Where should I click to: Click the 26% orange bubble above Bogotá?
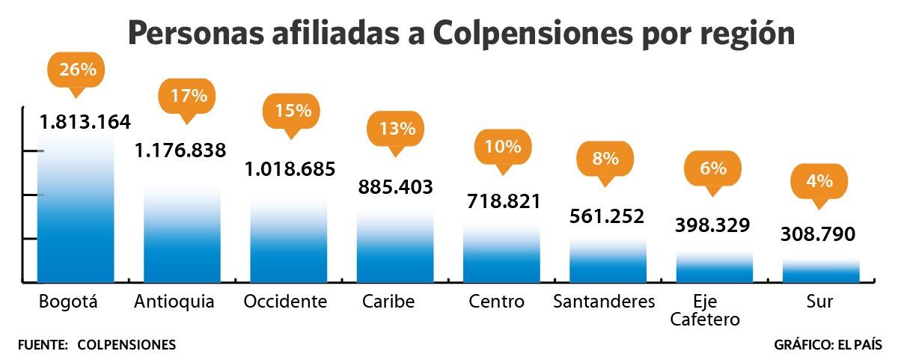point(77,70)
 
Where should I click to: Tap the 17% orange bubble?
point(187,96)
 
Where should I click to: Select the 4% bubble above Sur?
point(819,181)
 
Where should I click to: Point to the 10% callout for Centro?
point(503,147)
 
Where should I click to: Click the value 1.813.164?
point(85,121)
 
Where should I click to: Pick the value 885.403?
point(396,187)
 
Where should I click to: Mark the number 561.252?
point(607,216)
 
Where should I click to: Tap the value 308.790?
point(817,235)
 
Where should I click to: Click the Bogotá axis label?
point(68,302)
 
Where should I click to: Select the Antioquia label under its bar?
point(174,302)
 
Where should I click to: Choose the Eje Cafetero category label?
point(705,311)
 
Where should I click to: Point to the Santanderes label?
point(604,302)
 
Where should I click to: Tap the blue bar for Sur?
point(820,272)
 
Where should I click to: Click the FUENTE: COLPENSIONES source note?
point(97,345)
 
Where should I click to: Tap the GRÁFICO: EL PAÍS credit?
point(828,345)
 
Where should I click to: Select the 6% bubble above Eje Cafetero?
point(713,168)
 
